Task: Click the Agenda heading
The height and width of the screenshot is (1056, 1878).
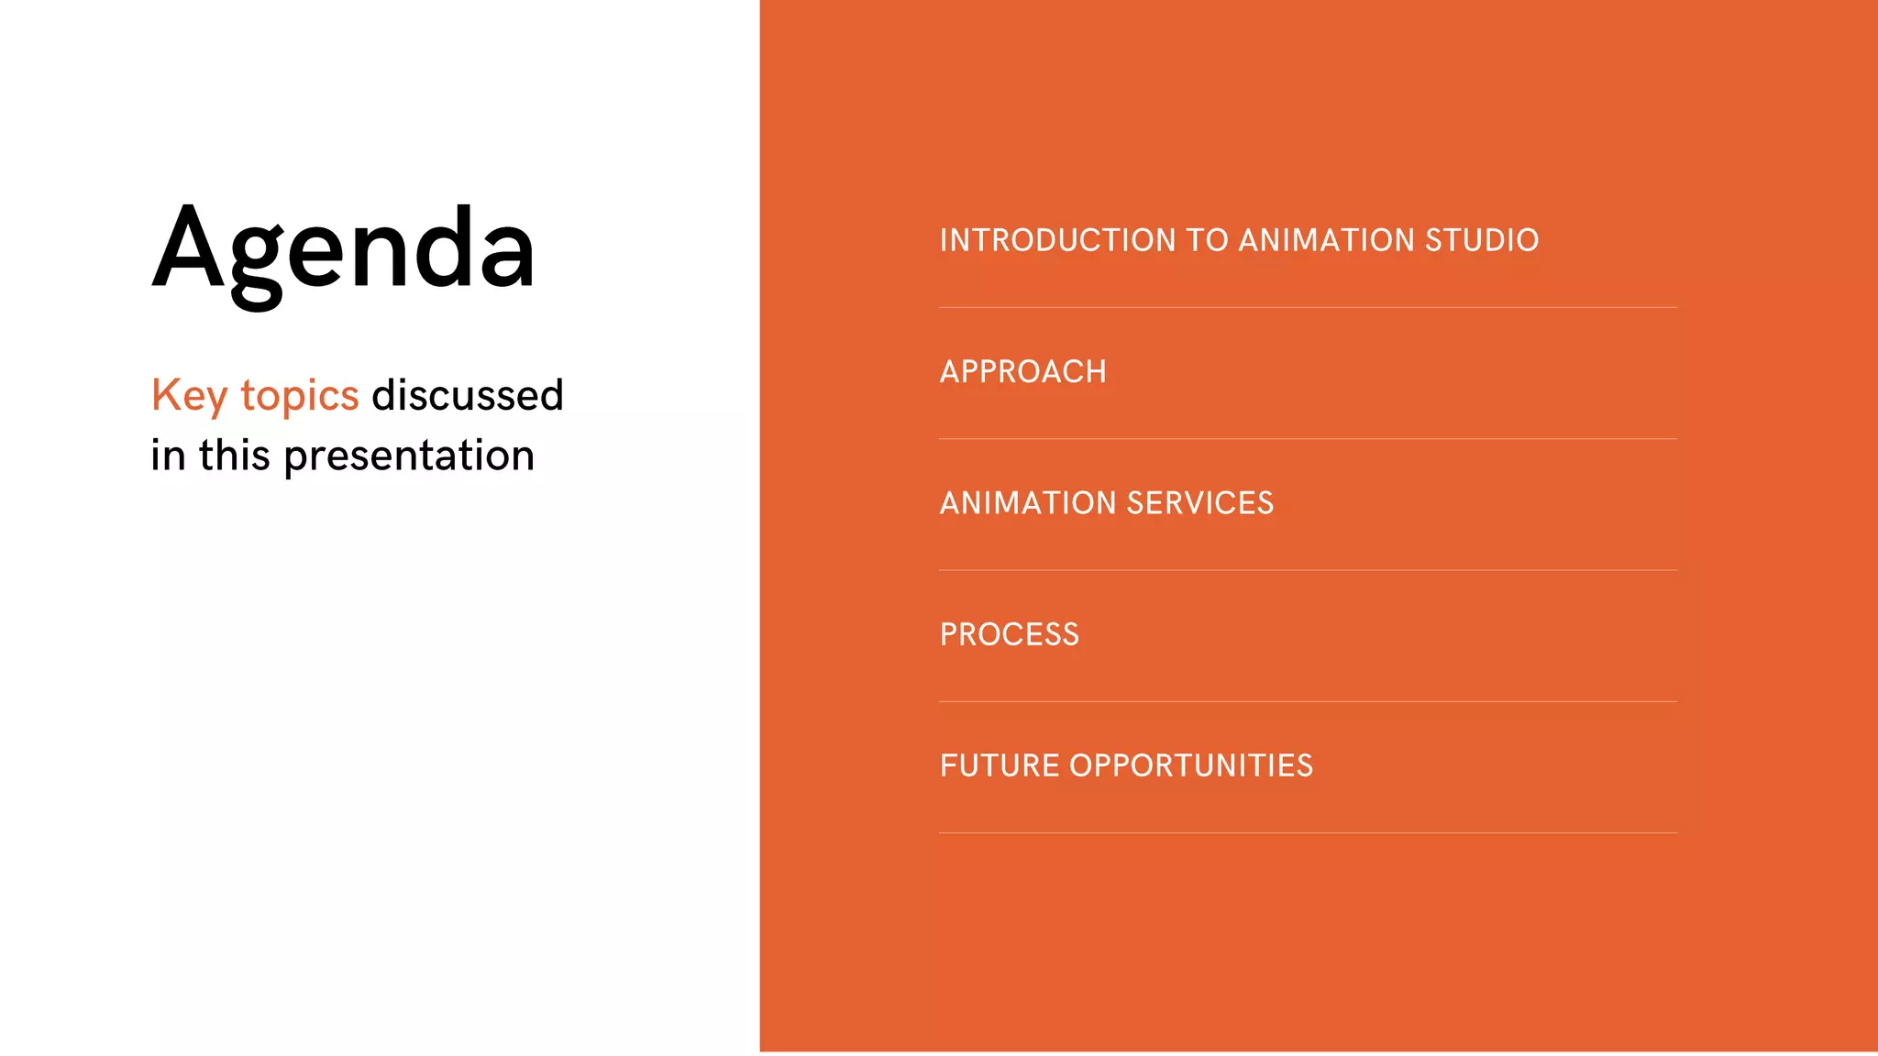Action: [x=343, y=249]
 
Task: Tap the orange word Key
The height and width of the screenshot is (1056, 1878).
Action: [x=189, y=396]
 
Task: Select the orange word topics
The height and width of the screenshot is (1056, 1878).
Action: [x=299, y=396]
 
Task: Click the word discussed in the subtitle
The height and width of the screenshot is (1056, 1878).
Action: [x=467, y=396]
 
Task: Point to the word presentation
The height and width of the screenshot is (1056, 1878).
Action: [x=409, y=456]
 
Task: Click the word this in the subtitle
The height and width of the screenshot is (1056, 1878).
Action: [x=235, y=456]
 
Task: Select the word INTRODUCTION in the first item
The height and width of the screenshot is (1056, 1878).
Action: [x=1057, y=240]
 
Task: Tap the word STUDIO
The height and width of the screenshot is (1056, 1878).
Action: [x=1481, y=240]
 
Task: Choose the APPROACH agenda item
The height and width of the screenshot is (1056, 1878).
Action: [x=1022, y=372]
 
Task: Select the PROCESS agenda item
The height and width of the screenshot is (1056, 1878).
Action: [x=1009, y=634]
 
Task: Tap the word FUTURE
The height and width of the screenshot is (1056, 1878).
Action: [x=999, y=765]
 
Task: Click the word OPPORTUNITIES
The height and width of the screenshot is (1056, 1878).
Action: [x=1190, y=765]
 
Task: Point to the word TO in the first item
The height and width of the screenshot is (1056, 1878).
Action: [x=1207, y=240]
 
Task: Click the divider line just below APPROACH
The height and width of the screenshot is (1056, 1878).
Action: [x=1308, y=438]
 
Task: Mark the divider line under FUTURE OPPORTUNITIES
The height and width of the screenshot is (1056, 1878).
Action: [x=1308, y=832]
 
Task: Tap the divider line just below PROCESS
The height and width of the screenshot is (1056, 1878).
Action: [x=1308, y=701]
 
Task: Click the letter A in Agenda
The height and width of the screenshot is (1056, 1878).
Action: [x=188, y=247]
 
